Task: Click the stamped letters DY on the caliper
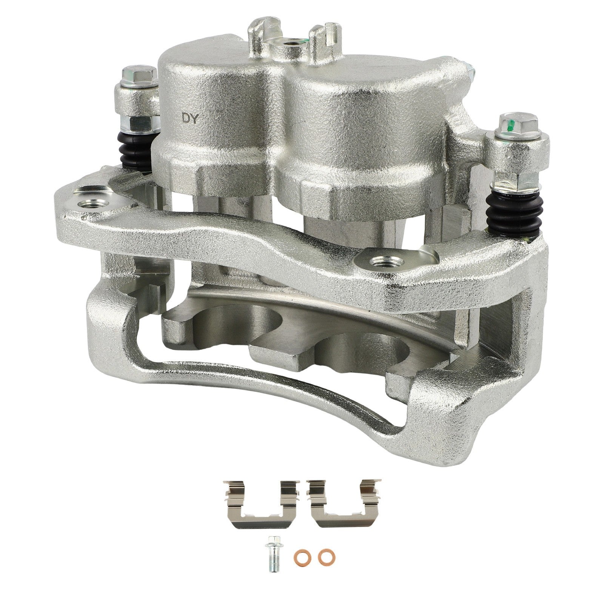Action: [190, 118]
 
